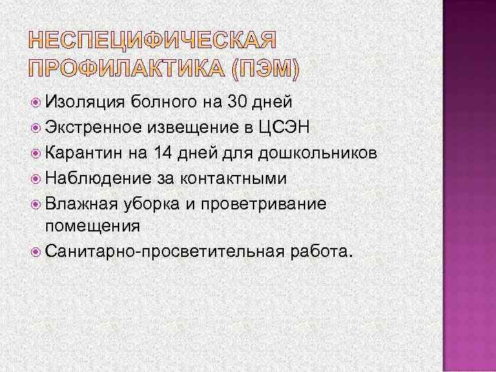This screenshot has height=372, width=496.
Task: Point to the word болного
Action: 163,103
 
